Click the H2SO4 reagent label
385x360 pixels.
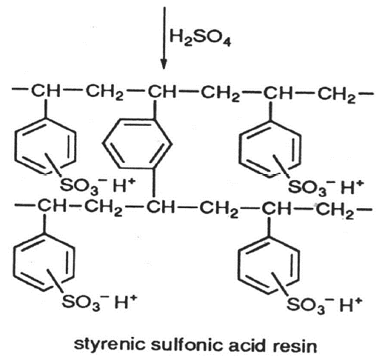tap(200, 39)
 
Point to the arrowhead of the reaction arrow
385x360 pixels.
tap(164, 64)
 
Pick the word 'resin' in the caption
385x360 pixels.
tap(295, 345)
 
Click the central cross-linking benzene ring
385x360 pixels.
tap(137, 144)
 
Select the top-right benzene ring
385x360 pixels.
tap(269, 149)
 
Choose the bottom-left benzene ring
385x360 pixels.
tap(43, 261)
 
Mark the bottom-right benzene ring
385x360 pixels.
tap(269, 265)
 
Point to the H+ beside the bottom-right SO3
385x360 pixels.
tap(350, 304)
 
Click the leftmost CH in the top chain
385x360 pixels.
tap(46, 91)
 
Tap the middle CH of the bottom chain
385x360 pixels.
tap(161, 207)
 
